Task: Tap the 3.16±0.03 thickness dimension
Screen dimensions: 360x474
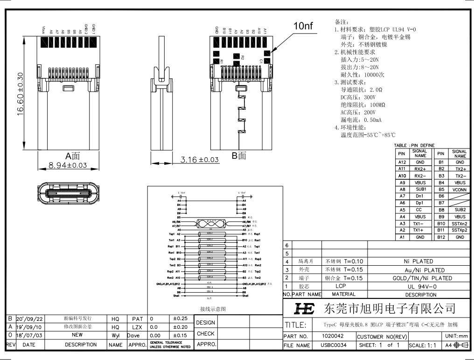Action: [x=199, y=160]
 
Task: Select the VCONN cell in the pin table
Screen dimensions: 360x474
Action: [x=460, y=190]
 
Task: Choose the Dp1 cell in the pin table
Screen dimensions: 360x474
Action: [x=420, y=203]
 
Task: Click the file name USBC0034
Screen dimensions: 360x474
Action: [x=334, y=346]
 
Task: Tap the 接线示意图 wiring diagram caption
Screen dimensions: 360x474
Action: [x=213, y=309]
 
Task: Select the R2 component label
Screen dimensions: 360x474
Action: [x=242, y=57]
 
